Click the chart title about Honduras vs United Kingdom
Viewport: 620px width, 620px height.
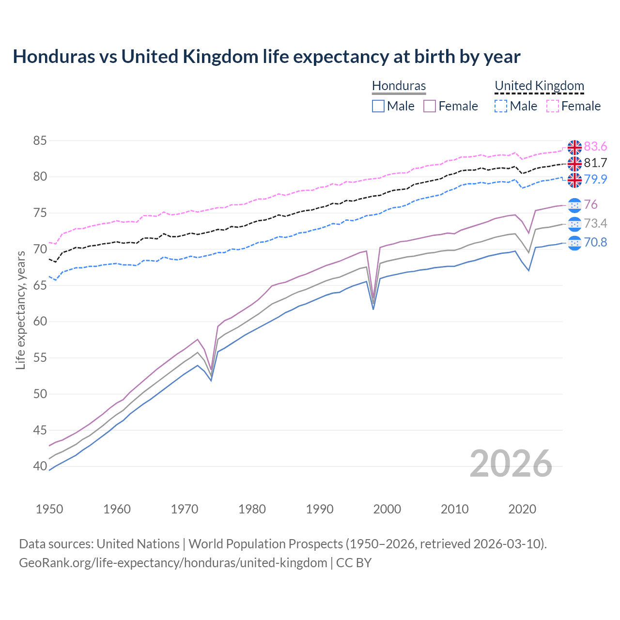(x=266, y=57)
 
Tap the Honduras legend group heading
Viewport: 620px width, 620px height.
(x=399, y=86)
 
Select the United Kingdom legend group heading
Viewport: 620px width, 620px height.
(x=539, y=86)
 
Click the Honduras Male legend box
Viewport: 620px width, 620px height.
(x=378, y=106)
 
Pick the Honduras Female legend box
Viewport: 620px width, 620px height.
(x=430, y=106)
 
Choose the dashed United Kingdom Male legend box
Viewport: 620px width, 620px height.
(x=501, y=106)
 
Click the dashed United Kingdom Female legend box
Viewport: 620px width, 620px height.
(x=553, y=106)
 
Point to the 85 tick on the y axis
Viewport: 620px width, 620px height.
(x=40, y=141)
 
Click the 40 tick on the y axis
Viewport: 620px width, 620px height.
(x=40, y=466)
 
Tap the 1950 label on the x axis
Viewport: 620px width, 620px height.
(x=49, y=509)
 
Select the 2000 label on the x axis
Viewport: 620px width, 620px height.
(x=387, y=509)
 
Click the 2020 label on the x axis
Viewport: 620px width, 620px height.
(x=522, y=509)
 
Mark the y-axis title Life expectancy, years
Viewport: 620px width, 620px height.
(x=20, y=310)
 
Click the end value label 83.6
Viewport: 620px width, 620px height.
(x=595, y=147)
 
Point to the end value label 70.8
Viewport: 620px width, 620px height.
(x=595, y=242)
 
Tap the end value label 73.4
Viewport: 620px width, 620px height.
(x=595, y=223)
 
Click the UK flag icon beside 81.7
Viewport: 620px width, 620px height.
(x=574, y=163)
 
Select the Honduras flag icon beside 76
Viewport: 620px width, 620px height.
(x=574, y=205)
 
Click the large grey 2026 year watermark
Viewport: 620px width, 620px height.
(x=511, y=464)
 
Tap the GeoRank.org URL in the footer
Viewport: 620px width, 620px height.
(x=173, y=563)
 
